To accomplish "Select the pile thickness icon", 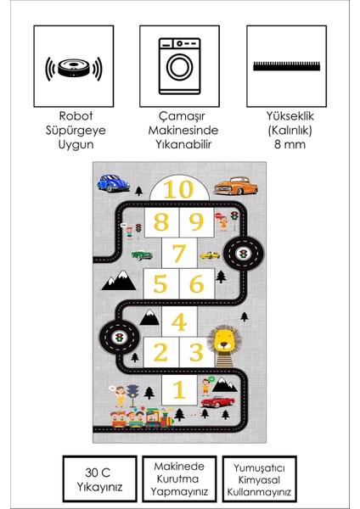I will pos(286,65).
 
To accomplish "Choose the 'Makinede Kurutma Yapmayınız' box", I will pos(179,479).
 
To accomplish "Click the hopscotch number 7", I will pos(178,253).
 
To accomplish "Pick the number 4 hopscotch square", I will pos(178,322).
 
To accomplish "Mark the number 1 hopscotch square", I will pos(178,389).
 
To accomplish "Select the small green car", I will pos(141,254).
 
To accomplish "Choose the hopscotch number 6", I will pos(196,284).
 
